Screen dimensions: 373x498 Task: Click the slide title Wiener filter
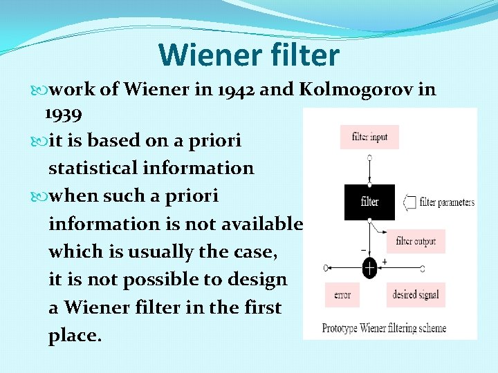(248, 55)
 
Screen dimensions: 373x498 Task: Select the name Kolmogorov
(354, 90)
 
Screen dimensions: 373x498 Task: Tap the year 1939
(64, 113)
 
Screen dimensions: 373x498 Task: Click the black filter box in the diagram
(369, 202)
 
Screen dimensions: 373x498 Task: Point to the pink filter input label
(369, 137)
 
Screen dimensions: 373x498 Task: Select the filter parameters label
(447, 202)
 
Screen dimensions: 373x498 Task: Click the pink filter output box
(415, 241)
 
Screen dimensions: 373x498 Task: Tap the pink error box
(342, 295)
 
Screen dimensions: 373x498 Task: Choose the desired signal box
(415, 295)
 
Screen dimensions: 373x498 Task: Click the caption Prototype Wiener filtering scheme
(384, 328)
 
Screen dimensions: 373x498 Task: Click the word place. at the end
(75, 336)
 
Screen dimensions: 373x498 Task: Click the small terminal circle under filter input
(369, 158)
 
